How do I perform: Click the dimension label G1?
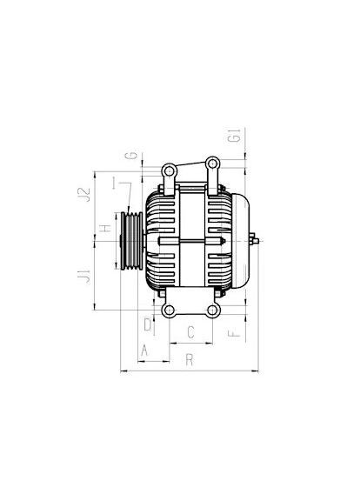coord(234,136)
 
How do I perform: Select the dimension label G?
coord(131,156)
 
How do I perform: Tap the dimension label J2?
coord(84,195)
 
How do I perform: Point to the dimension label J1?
coord(84,277)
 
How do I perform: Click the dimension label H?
coord(105,228)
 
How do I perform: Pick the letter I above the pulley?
coord(114,183)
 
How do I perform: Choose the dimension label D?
coord(147,324)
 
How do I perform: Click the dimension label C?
coord(190,332)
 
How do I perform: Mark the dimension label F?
coord(234,334)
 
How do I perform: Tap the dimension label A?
coord(144,351)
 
